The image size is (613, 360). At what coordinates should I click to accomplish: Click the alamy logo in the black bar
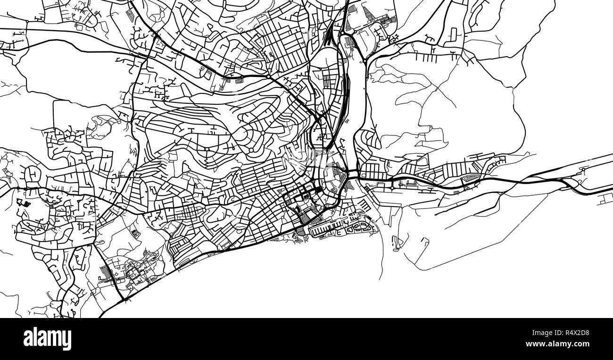pyautogui.click(x=47, y=339)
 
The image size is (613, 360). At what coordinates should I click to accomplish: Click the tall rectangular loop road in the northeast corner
pyautogui.click(x=453, y=34)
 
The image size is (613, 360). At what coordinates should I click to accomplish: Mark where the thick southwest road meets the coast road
pyautogui.click(x=124, y=299)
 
